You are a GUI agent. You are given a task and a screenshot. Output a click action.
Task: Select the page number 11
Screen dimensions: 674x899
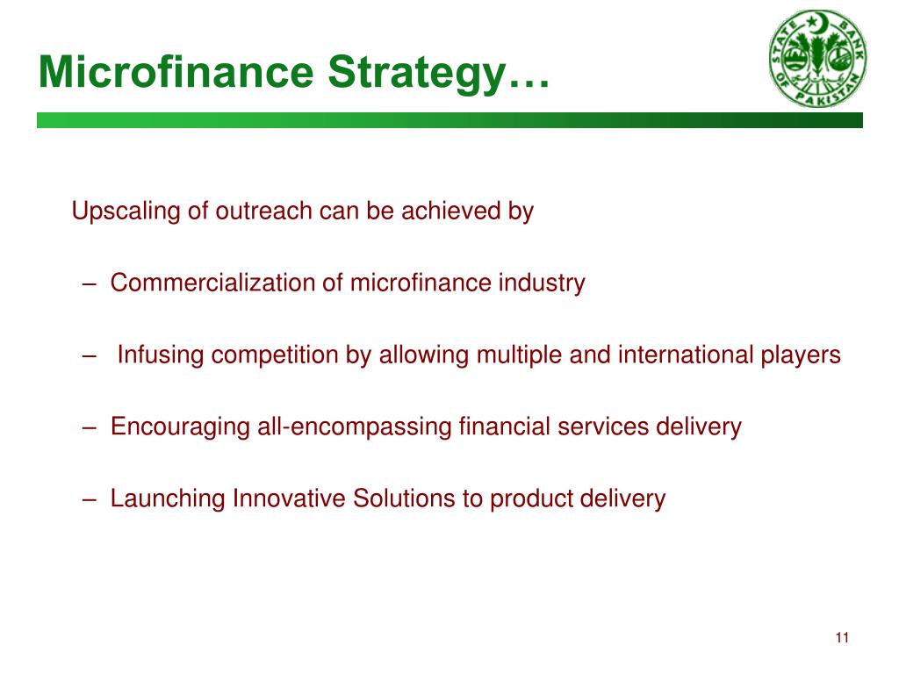tap(842, 638)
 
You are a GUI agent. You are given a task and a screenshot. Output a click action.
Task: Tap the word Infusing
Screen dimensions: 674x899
tap(162, 355)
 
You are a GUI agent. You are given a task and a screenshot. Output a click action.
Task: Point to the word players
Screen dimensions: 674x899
tap(803, 355)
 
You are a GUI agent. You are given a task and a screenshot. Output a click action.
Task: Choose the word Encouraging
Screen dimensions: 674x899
tap(180, 427)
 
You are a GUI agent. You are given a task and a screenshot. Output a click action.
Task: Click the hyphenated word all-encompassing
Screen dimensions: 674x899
tap(355, 427)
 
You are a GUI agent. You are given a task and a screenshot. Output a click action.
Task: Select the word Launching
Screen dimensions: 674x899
tap(168, 499)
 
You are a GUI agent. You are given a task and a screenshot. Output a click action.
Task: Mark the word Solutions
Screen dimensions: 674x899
tap(404, 499)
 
